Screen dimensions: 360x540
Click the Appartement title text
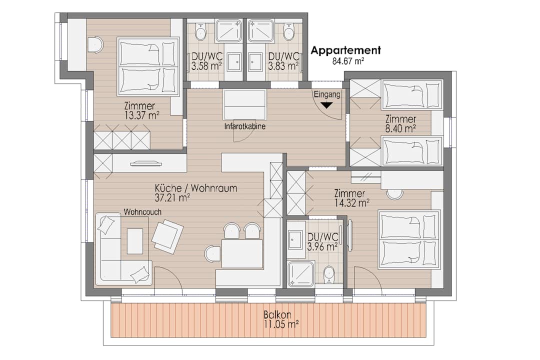pyautogui.click(x=345, y=50)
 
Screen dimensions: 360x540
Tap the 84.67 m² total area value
pyautogui.click(x=347, y=61)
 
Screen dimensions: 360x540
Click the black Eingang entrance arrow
pyautogui.click(x=326, y=105)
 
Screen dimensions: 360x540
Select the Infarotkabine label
pyautogui.click(x=244, y=127)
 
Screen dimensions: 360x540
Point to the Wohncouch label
pyautogui.click(x=143, y=212)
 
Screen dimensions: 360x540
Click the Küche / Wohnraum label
pyautogui.click(x=195, y=188)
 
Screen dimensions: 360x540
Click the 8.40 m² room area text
pyautogui.click(x=400, y=128)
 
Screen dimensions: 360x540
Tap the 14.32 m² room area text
pyautogui.click(x=352, y=203)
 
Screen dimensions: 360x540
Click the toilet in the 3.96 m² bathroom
pyautogui.click(x=329, y=273)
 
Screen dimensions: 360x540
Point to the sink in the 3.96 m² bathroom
pyautogui.click(x=294, y=239)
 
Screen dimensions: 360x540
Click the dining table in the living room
pyautogui.click(x=242, y=253)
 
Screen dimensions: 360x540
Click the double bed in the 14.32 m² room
pyautogui.click(x=409, y=239)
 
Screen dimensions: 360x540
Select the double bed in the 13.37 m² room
pyautogui.click(x=148, y=66)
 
